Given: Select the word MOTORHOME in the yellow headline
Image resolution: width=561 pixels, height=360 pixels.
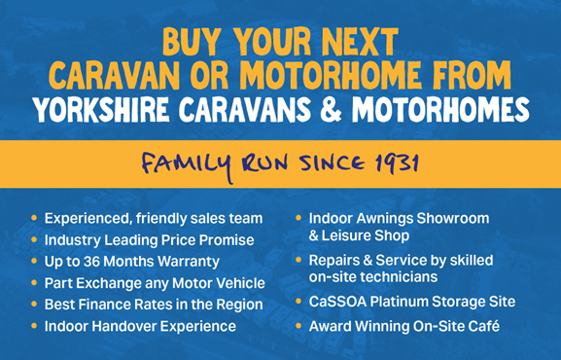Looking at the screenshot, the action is pyautogui.click(x=331, y=76).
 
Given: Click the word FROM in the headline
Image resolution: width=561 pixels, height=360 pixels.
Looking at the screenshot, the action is pyautogui.click(x=472, y=76).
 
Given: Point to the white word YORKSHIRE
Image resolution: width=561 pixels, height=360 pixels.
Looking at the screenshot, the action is pyautogui.click(x=101, y=109).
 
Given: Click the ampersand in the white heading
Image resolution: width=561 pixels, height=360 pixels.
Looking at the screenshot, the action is pyautogui.click(x=331, y=109).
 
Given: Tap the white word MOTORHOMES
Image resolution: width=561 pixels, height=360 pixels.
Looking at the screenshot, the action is pyautogui.click(x=440, y=109).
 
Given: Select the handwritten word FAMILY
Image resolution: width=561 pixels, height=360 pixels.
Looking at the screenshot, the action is pyautogui.click(x=187, y=165).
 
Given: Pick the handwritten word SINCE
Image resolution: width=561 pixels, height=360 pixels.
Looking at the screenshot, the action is pyautogui.click(x=333, y=163).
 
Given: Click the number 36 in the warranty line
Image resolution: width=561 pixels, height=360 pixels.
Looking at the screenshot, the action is pyautogui.click(x=91, y=262).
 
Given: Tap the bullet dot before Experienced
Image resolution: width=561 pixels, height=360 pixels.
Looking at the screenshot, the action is pyautogui.click(x=34, y=218).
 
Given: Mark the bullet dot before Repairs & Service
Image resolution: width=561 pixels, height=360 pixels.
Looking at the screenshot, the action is pyautogui.click(x=298, y=260).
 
